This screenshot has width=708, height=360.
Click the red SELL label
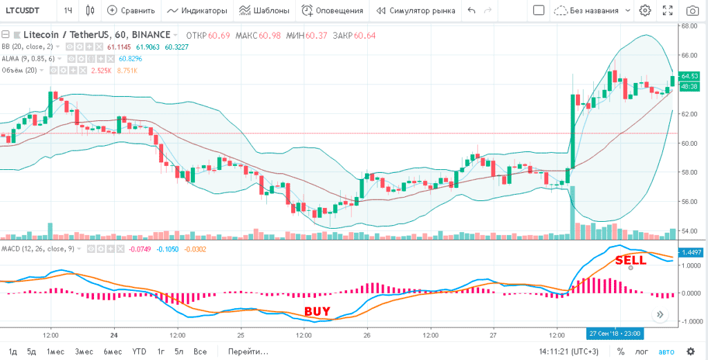(631, 260)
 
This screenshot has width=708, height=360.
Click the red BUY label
(317, 311)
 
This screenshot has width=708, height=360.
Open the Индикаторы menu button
(197, 10)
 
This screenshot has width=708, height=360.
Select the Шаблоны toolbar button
(263, 10)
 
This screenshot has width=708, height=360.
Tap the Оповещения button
(333, 10)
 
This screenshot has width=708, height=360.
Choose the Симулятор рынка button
(415, 10)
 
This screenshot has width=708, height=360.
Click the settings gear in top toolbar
(645, 10)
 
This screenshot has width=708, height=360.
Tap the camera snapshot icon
(692, 10)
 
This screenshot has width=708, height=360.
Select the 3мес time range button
(84, 351)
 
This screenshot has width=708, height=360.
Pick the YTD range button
(140, 351)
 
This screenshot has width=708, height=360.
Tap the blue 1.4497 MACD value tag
(691, 253)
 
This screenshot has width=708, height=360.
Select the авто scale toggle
(666, 351)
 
